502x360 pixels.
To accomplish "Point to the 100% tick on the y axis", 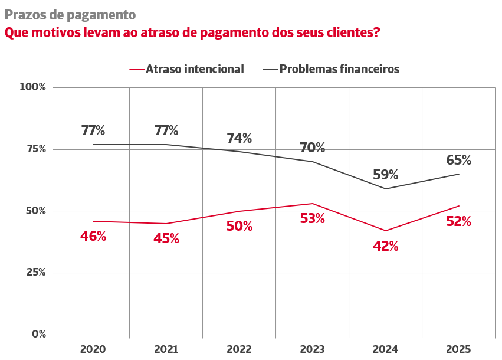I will (33, 87).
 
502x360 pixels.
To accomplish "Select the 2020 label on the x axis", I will (93, 349).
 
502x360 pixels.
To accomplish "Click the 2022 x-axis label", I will (239, 349).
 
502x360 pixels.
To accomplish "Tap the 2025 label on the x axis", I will (458, 349).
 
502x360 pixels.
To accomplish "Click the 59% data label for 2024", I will (385, 175).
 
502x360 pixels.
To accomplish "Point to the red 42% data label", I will (385, 247).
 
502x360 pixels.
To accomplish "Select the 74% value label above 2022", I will (239, 138).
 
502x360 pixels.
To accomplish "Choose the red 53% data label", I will (312, 218).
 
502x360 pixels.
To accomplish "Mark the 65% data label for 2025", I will (458, 160).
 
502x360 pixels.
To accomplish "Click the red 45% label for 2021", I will (166, 238).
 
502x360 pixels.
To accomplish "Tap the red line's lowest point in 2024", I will (385, 231).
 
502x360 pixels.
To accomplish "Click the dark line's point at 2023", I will (312, 162).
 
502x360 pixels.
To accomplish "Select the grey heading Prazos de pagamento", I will (70, 14).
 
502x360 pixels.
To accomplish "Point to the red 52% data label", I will (458, 221).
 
